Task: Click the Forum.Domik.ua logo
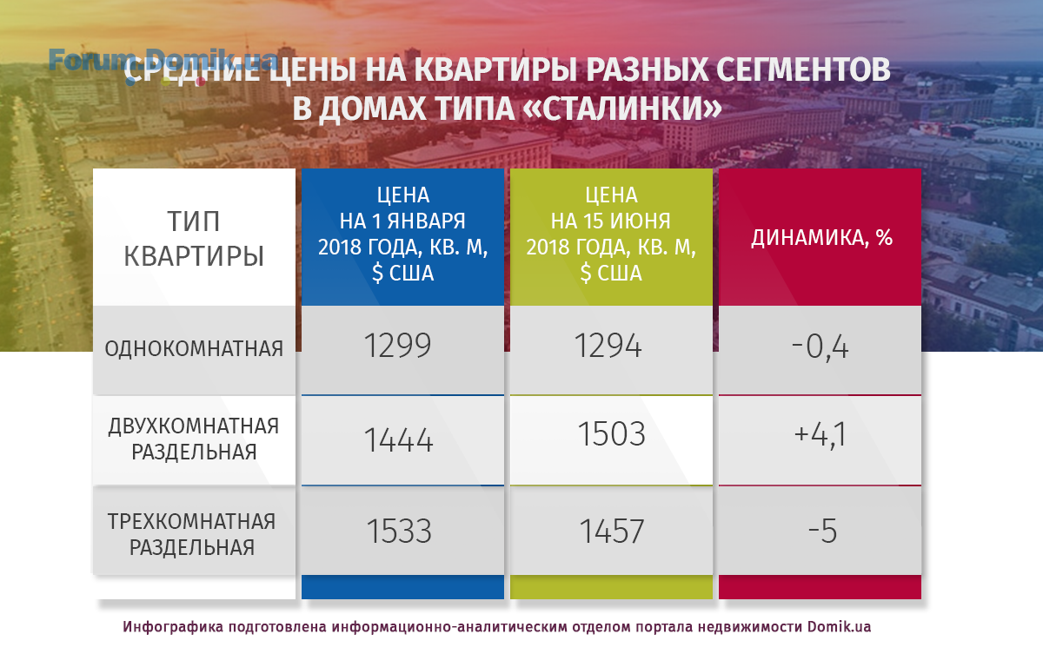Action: tap(163, 65)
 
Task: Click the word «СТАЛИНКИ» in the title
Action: tap(623, 109)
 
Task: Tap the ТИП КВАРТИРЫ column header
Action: tap(194, 239)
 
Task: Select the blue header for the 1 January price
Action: tap(402, 237)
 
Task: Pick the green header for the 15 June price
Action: tap(611, 237)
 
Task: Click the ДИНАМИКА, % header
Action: tap(821, 238)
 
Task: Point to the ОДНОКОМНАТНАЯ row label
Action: tap(194, 349)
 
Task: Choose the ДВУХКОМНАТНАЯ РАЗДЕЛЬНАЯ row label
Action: tap(194, 439)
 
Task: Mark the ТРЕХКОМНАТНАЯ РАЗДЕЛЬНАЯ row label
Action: tap(192, 534)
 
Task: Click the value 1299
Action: tap(398, 346)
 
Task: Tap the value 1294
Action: tap(608, 346)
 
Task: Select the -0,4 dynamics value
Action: tap(820, 347)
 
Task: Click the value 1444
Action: tap(399, 440)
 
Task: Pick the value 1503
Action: tap(611, 434)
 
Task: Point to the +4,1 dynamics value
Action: tap(820, 435)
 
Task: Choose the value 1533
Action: tap(399, 531)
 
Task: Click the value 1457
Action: tap(612, 531)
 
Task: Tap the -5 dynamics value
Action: tap(823, 531)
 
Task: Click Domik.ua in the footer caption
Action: tap(839, 627)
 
